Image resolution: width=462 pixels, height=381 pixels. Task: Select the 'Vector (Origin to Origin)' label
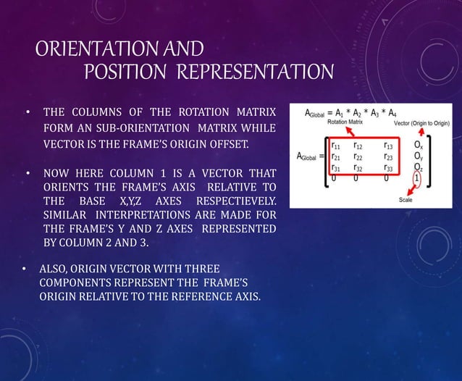coord(421,123)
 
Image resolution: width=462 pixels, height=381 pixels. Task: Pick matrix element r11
coord(337,146)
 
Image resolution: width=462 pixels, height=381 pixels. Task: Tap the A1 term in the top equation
coord(340,113)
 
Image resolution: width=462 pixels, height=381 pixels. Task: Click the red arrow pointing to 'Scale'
coord(413,190)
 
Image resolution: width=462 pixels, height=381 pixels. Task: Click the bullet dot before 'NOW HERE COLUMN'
coord(28,174)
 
